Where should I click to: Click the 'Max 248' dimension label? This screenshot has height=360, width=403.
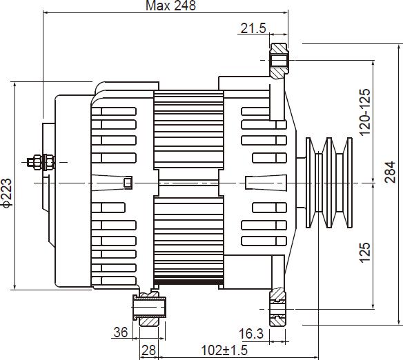[x=170, y=6]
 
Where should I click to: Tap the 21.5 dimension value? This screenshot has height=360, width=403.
[x=253, y=28]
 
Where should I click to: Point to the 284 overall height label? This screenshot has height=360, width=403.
[x=390, y=172]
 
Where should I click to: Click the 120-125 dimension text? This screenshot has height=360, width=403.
[x=365, y=112]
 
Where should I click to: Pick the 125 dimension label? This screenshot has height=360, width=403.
[x=365, y=252]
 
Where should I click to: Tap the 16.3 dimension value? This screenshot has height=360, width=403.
[x=251, y=334]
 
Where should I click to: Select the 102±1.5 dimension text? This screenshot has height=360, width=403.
[x=224, y=350]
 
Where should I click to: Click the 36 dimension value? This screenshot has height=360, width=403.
[x=121, y=332]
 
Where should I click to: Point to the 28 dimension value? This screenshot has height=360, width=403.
[x=149, y=350]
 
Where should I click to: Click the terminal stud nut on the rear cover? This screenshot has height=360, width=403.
[x=41, y=162]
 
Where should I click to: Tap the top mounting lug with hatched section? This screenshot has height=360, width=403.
[x=279, y=61]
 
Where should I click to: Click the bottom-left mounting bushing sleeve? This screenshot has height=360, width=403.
[x=149, y=308]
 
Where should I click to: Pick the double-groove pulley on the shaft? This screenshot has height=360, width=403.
[x=328, y=183]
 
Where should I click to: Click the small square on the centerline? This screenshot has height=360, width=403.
[x=128, y=183]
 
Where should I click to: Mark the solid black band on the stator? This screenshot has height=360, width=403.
[x=188, y=282]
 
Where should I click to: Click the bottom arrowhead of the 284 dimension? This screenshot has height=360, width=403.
[x=399, y=322]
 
